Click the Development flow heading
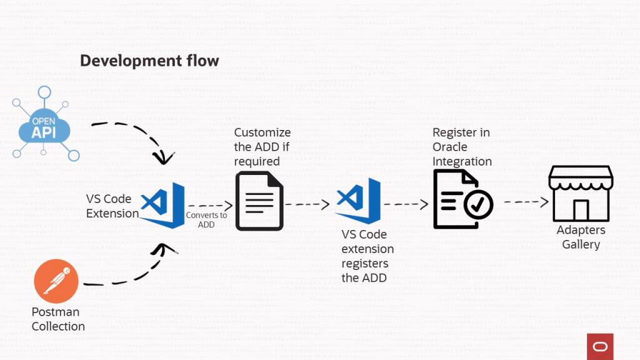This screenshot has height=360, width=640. click(149, 61)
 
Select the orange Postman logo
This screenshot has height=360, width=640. click(56, 281)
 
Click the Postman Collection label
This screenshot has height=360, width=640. click(58, 319)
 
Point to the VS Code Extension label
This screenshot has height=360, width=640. click(112, 206)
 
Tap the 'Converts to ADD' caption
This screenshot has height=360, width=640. click(206, 219)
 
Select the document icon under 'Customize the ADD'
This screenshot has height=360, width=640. click(259, 202)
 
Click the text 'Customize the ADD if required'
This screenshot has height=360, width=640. click(262, 147)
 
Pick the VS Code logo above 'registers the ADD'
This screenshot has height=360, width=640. click(358, 201)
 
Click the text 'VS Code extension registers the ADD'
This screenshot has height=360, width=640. click(367, 256)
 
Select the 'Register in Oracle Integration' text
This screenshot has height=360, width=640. click(462, 147)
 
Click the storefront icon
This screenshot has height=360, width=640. click(581, 193)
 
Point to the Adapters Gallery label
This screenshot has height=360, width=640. click(581, 237)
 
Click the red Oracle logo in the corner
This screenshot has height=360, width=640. click(600, 346)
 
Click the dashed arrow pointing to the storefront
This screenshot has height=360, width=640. click(526, 202)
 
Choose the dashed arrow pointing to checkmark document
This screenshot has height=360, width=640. click(406, 204)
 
